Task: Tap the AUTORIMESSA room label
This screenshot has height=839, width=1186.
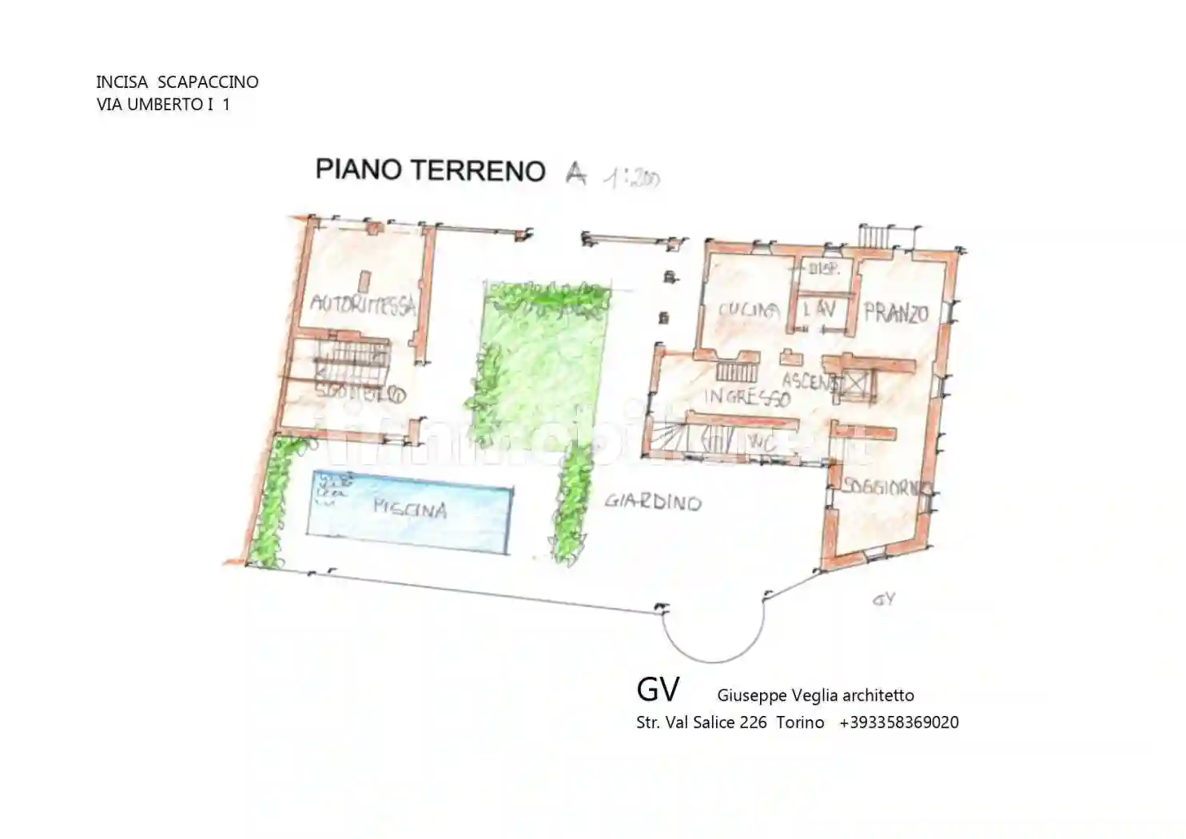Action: [x=363, y=304]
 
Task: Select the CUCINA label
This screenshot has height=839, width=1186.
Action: [x=748, y=310]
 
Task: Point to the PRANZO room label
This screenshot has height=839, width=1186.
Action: [x=896, y=312]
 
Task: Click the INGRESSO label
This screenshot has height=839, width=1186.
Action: [x=746, y=396]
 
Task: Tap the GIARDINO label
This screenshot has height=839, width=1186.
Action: [x=652, y=502]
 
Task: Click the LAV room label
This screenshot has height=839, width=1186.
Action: [x=819, y=308]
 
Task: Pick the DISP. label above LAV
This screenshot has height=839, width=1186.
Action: [x=824, y=269]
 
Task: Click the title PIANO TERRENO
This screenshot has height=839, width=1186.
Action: [x=430, y=170]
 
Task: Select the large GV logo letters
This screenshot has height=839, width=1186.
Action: [x=658, y=689]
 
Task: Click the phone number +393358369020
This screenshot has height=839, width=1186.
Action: [x=898, y=722]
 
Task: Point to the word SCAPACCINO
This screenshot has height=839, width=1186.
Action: [x=208, y=82]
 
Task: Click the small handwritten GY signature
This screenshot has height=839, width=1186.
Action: [x=883, y=599]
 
